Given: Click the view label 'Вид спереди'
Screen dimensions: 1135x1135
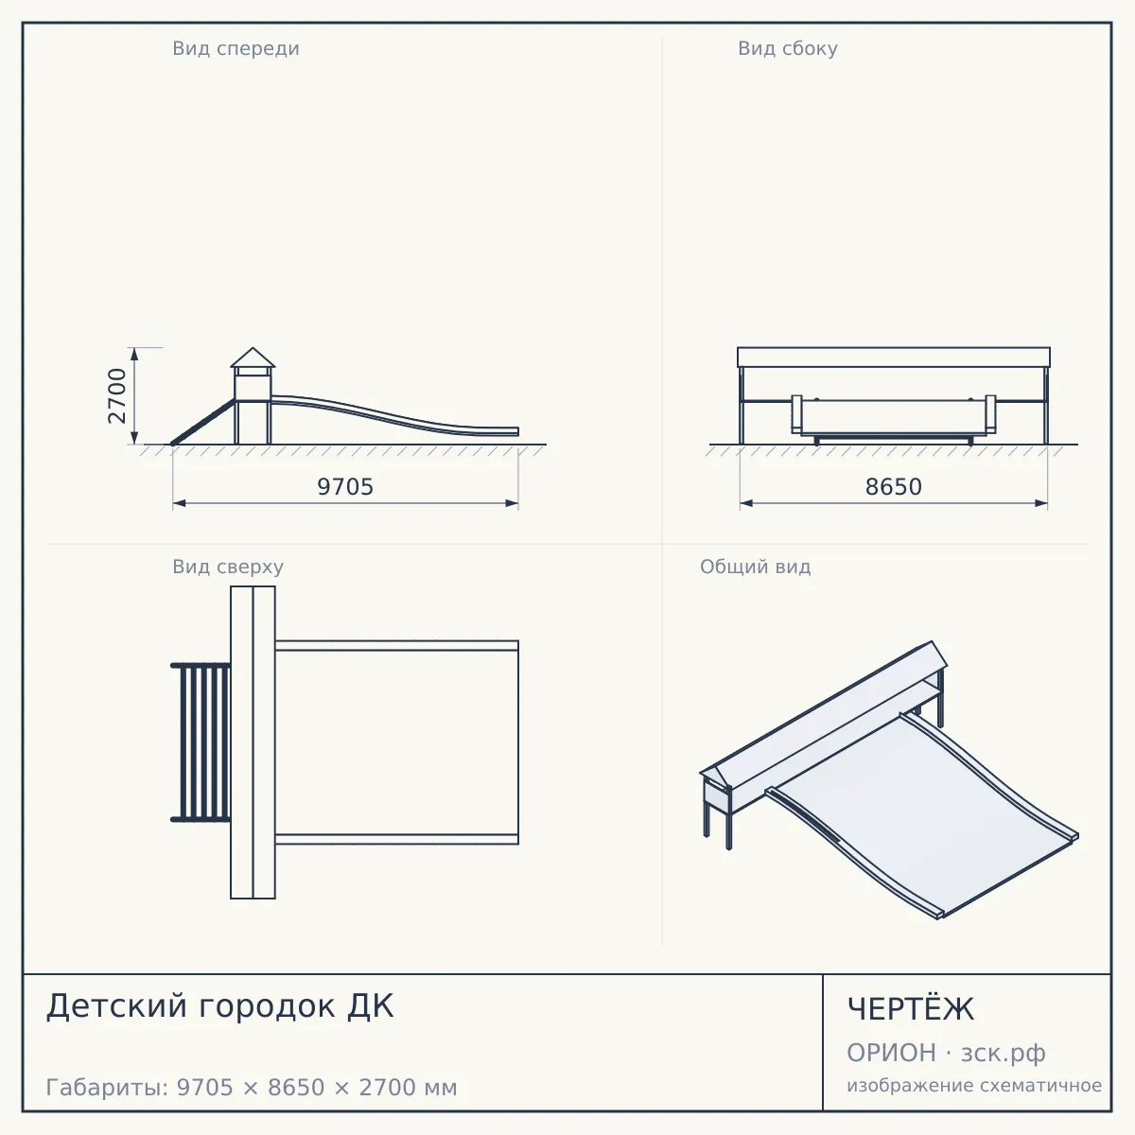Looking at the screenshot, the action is [x=236, y=48].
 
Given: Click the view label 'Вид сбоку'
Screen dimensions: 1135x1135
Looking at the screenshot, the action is [x=788, y=48].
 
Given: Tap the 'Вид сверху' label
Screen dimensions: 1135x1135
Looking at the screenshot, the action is [x=228, y=567].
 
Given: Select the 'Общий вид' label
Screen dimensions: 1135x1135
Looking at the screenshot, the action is [x=755, y=567].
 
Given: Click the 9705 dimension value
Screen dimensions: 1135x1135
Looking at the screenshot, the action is [x=345, y=486].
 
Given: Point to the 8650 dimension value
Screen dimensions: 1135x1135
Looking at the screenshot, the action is [x=894, y=486].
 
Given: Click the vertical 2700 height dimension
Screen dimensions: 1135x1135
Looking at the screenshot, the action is [x=117, y=395].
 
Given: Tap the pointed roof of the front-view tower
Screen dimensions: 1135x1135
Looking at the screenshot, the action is [x=253, y=358].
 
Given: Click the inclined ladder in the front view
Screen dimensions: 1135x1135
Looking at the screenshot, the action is [x=202, y=422].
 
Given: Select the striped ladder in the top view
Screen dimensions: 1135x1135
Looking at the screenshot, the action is [x=201, y=742].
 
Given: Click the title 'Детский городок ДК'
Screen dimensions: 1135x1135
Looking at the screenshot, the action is [x=219, y=1006].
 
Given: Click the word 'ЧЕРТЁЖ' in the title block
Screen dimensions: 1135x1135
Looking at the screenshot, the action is [x=910, y=1008].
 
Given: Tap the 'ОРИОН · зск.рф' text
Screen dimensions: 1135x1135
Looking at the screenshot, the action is [x=946, y=1053].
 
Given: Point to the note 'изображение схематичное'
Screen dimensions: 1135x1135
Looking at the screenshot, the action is [x=974, y=1085].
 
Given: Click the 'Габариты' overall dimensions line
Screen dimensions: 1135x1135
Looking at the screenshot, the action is [x=252, y=1088].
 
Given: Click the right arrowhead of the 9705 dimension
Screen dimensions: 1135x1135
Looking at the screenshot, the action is [x=512, y=503].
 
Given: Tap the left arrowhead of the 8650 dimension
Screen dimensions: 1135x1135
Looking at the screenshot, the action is [x=746, y=503].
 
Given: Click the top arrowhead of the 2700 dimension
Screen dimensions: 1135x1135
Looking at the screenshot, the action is [x=134, y=354].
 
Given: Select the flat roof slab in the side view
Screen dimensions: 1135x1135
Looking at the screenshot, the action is [x=894, y=357].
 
